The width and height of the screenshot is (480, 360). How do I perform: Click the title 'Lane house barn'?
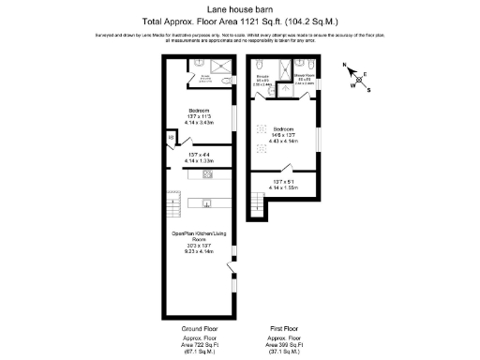pyautogui.click(x=239, y=7)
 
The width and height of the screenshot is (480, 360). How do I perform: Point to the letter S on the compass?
pyautogui.click(x=368, y=90)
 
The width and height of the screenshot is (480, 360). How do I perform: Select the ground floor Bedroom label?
pyautogui.click(x=199, y=110)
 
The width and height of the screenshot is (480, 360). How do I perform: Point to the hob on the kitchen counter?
pyautogui.click(x=207, y=174)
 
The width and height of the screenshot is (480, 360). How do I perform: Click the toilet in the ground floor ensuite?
pyautogui.click(x=230, y=82)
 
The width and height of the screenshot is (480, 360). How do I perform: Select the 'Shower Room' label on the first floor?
pyautogui.click(x=305, y=77)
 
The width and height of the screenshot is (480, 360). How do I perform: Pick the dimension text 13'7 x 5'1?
pyautogui.click(x=284, y=181)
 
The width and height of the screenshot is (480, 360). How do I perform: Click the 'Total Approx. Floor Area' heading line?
pyautogui.click(x=239, y=19)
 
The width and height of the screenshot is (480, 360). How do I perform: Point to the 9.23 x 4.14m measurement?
pyautogui.click(x=199, y=252)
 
